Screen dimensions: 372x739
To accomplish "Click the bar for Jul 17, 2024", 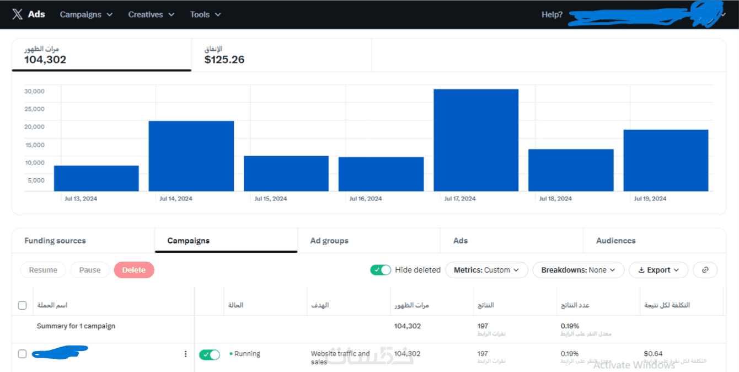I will pos(476,140).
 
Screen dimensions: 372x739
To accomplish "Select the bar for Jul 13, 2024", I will pos(96,178).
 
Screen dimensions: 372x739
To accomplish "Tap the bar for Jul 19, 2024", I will pos(666,161).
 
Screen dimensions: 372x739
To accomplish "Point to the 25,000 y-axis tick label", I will pos(34,109).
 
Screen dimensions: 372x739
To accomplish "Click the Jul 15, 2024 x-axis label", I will pos(271,199).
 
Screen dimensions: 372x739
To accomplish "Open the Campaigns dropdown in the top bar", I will pos(86,14).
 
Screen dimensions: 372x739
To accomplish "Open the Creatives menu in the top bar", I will pos(151,14).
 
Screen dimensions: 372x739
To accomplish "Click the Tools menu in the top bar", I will pos(205,14).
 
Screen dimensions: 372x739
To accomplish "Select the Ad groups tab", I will pos(329,241).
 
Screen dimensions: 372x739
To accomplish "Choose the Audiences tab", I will pos(615,241).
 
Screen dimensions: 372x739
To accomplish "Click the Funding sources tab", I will pos(55,241).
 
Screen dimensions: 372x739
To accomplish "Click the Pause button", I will pos(90,270).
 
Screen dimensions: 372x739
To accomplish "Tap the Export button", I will pos(658,270).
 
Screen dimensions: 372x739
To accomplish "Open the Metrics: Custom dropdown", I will pos(486,270).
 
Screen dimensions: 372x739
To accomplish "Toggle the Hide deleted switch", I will pos(381,270).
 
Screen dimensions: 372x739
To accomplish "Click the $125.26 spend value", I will pos(224,60).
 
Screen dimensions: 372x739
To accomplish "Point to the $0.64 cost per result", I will pos(653,353).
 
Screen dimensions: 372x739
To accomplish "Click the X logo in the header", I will pos(18,14).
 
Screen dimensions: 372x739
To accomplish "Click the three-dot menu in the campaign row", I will pos(185,354).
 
